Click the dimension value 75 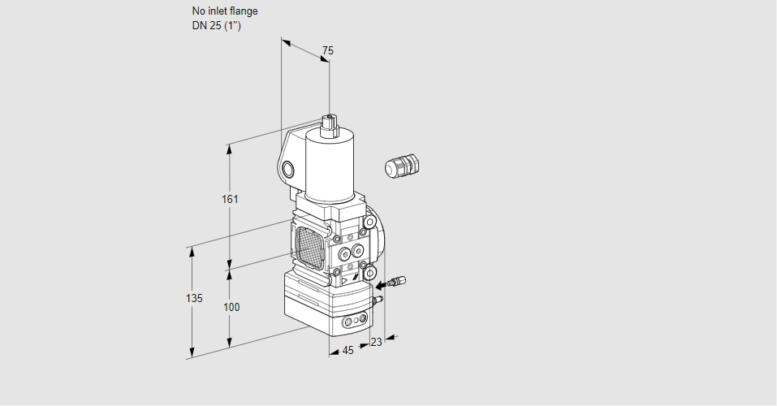click(327, 51)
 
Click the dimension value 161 click(231, 200)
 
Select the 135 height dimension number click(193, 299)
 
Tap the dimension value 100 click(231, 307)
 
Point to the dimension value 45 click(347, 351)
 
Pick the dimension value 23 click(376, 342)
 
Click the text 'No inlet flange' click(224, 11)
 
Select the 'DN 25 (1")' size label click(217, 26)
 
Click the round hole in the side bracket click(287, 169)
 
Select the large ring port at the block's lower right click(369, 272)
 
